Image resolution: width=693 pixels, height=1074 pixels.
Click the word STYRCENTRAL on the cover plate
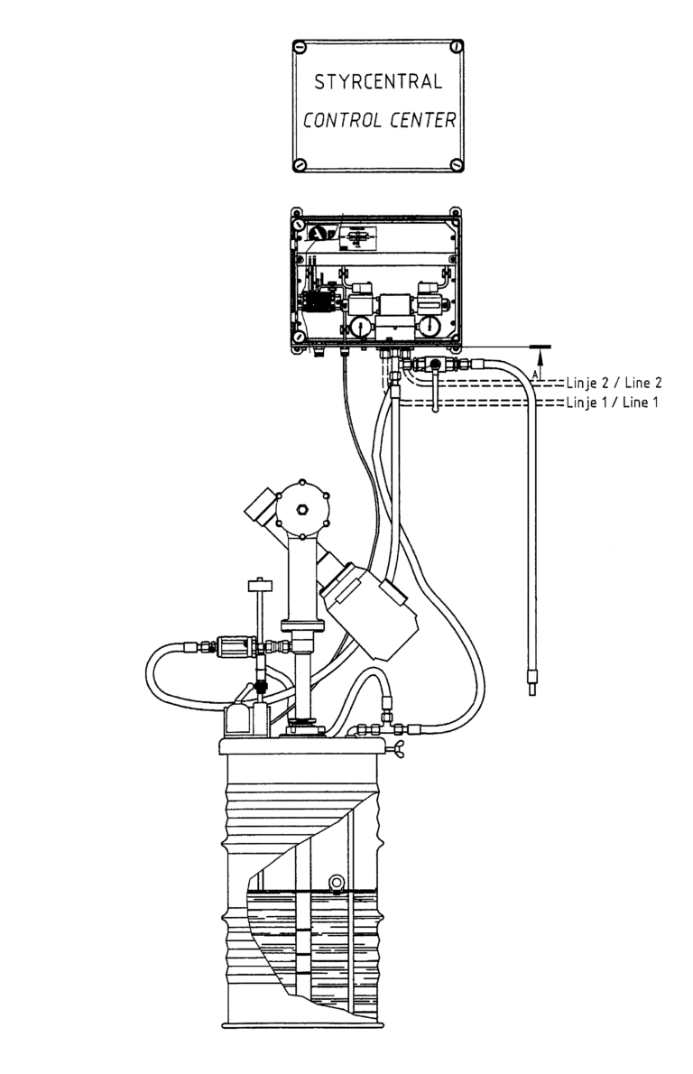[x=378, y=82]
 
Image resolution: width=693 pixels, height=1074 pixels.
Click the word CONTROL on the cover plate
[x=342, y=121]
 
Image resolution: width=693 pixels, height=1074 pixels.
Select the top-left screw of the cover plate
[x=300, y=47]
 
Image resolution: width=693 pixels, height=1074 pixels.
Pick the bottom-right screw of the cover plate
[x=456, y=164]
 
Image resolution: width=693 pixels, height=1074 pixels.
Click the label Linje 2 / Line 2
[x=614, y=384]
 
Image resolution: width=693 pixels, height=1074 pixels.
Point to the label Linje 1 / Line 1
[x=612, y=402]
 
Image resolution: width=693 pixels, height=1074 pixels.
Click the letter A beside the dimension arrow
[x=534, y=374]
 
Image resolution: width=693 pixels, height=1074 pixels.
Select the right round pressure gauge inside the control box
[x=430, y=326]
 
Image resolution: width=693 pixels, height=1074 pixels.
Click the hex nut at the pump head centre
[x=301, y=509]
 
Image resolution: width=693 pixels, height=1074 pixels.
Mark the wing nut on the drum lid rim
[x=395, y=751]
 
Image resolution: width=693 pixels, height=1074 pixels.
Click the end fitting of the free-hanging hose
[x=532, y=683]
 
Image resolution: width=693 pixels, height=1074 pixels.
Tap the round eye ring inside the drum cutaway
[x=337, y=882]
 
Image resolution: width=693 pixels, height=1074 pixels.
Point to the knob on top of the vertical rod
[x=258, y=586]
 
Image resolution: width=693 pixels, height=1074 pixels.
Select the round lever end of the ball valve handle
[x=436, y=410]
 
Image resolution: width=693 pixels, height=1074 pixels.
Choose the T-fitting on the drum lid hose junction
[x=388, y=726]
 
